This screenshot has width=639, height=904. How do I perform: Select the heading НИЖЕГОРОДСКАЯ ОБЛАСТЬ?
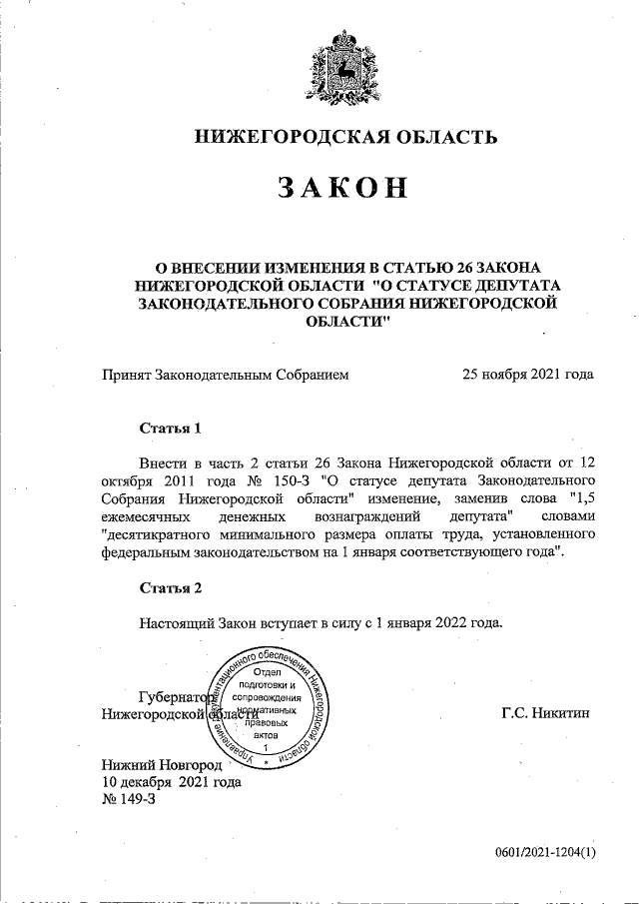coord(343,136)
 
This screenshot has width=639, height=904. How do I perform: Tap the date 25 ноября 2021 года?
coord(527,375)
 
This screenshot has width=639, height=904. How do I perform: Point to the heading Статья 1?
coord(171,429)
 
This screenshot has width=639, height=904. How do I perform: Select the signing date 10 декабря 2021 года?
coord(172,783)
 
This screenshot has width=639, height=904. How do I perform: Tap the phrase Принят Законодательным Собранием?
coord(226,375)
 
